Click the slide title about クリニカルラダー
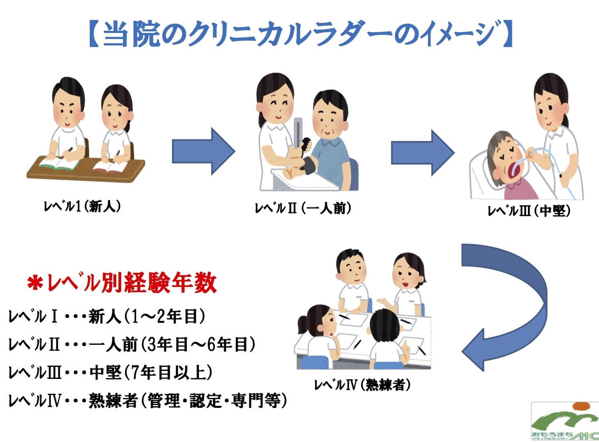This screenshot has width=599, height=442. (x=299, y=34)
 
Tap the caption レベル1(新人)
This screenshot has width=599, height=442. (x=82, y=207)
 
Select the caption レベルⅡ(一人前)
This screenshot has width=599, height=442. (x=303, y=208)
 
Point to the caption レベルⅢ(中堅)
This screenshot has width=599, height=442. (x=529, y=211)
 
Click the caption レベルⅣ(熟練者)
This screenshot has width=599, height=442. (x=362, y=385)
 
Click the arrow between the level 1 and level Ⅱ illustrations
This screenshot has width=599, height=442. (x=203, y=151)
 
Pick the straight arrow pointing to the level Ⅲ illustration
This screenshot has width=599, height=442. (x=422, y=153)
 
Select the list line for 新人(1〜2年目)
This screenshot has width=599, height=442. (x=107, y=317)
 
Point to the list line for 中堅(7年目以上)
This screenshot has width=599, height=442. (x=110, y=372)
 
